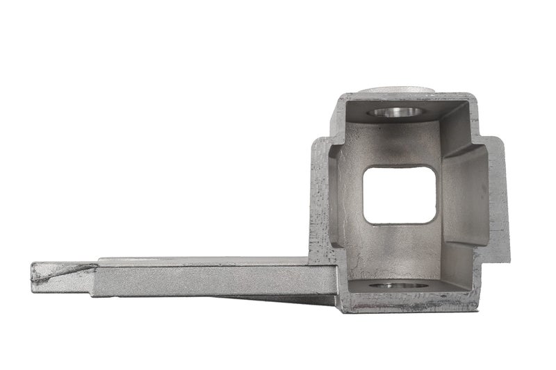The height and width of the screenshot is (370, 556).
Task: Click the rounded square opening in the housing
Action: (x=400, y=194)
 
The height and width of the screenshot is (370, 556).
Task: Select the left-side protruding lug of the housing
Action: (x=320, y=201)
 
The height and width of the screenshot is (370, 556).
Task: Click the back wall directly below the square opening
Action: (x=400, y=250)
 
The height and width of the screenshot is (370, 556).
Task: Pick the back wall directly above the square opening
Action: (x=400, y=142)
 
